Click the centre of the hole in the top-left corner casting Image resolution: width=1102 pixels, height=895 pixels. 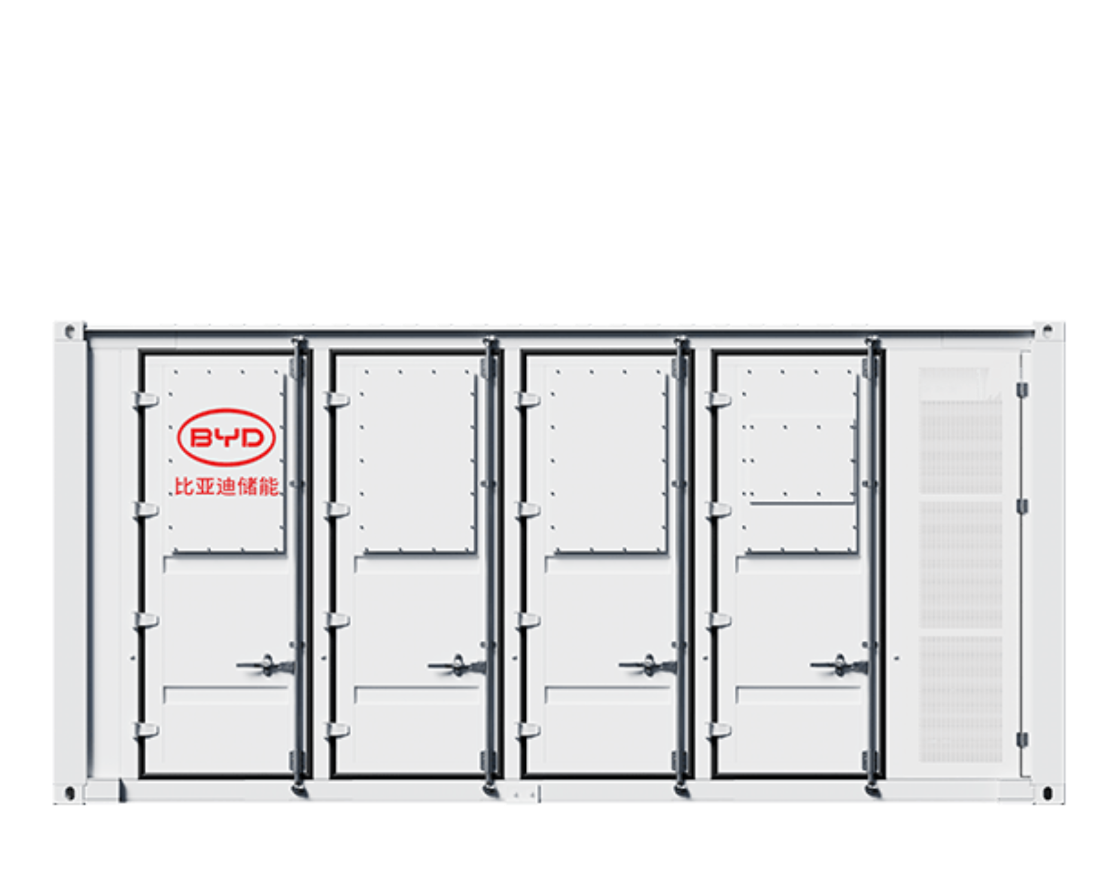pos(70,331)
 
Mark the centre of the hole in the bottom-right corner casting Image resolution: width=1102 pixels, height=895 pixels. pos(1048,793)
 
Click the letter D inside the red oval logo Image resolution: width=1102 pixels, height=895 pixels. pos(250,438)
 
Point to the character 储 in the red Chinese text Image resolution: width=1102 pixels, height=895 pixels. pos(247,487)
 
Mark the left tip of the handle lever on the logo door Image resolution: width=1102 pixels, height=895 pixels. pos(238,665)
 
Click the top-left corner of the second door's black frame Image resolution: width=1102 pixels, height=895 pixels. pos(331,352)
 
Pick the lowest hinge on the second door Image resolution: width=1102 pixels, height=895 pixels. pos(337,730)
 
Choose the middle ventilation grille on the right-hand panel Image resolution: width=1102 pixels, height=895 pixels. pos(960,565)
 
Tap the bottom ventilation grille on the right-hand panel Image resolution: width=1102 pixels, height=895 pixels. pos(960,699)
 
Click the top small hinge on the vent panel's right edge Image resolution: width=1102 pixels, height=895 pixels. pos(1022,390)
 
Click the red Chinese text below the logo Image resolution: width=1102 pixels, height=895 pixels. pos(226,487)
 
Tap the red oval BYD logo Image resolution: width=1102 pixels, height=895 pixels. pos(226,438)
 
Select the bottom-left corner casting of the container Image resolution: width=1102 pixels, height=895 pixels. pos(69,793)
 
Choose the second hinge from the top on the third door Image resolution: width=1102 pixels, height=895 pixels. pos(528,510)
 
